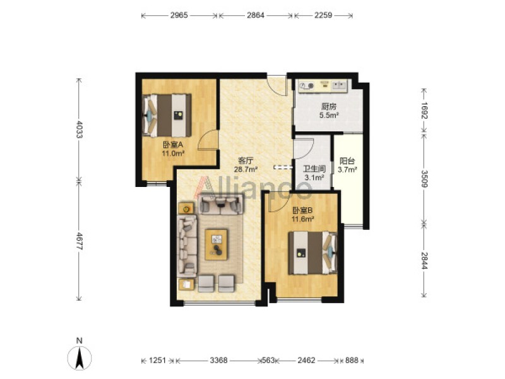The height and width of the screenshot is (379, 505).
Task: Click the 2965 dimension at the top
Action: coord(179,15)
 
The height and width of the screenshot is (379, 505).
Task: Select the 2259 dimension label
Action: coord(323,15)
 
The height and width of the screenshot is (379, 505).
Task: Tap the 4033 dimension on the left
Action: coord(79,129)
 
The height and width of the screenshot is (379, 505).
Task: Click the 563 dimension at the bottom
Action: coord(269,360)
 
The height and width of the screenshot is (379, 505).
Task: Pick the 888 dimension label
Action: coord(352,360)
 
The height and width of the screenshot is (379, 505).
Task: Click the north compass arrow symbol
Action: coord(80,358)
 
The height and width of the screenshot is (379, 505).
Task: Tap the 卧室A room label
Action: coord(173,145)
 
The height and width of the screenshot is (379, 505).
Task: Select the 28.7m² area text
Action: coord(246,169)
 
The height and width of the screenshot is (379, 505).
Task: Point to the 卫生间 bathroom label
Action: coord(314,169)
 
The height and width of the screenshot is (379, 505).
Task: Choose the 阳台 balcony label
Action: coord(347,161)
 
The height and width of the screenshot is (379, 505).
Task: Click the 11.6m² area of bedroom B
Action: coord(303,219)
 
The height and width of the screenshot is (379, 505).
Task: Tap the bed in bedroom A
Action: coord(167,115)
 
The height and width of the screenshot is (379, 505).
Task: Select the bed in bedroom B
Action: coord(312,253)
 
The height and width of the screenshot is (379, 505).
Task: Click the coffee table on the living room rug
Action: coord(216,244)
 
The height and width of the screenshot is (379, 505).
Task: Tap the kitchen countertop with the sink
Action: coord(323,86)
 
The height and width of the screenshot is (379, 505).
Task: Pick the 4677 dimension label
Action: coord(79,241)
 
